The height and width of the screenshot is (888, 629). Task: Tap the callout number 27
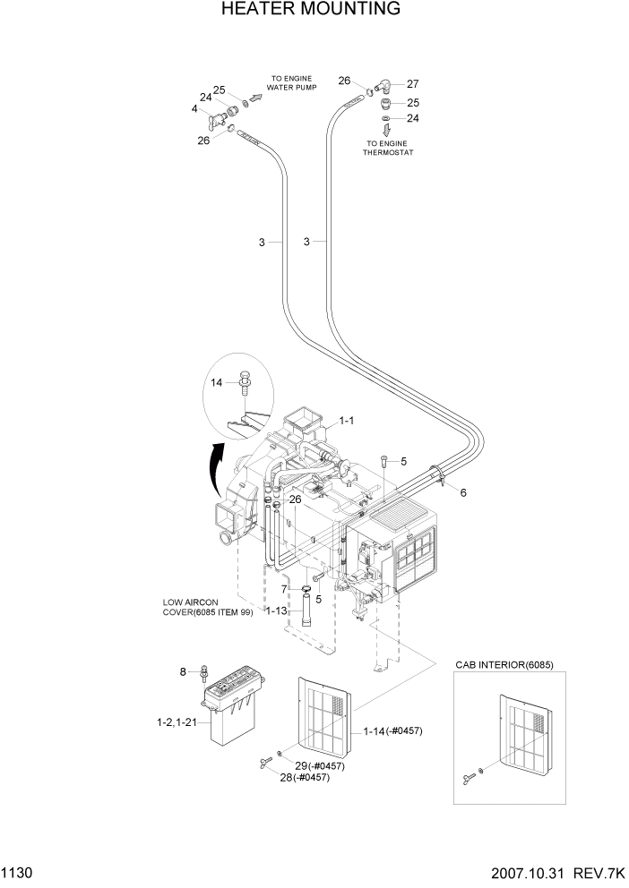pos(413,84)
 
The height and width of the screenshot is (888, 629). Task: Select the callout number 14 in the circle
pos(216,383)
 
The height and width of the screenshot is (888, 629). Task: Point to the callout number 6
pos(463,493)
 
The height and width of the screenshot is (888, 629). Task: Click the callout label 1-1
pos(346,420)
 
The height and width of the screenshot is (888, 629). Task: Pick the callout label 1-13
pos(276,610)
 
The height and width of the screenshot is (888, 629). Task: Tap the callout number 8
pos(184,670)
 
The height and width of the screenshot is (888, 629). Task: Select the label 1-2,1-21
pos(175,721)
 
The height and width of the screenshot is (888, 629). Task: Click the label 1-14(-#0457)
pos(392,731)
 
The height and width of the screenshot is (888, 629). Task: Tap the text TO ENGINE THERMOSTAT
pos(386,148)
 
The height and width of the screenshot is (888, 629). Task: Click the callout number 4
pos(194,108)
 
